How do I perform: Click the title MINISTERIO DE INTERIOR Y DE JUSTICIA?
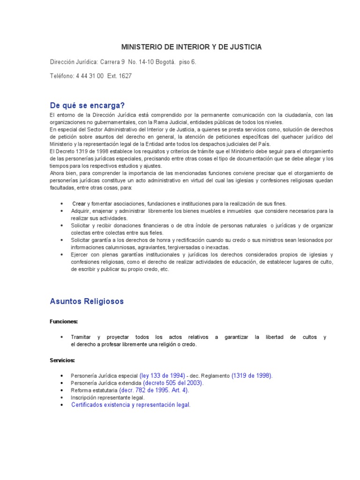[192, 47]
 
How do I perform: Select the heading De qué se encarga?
[88, 105]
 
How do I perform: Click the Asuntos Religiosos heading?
[87, 301]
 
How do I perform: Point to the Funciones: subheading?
[64, 322]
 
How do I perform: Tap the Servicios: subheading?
[62, 360]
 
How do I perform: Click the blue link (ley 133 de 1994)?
[162, 376]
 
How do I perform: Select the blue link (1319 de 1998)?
[252, 376]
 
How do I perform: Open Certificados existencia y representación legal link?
[131, 405]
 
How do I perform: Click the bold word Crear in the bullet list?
[79, 203]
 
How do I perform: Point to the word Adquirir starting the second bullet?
[81, 211]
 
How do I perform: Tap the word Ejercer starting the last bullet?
[80, 255]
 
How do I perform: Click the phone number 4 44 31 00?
[90, 76]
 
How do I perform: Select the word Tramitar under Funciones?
[81, 337]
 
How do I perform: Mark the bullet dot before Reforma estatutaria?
[62, 390]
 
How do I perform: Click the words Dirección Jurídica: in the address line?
[75, 62]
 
